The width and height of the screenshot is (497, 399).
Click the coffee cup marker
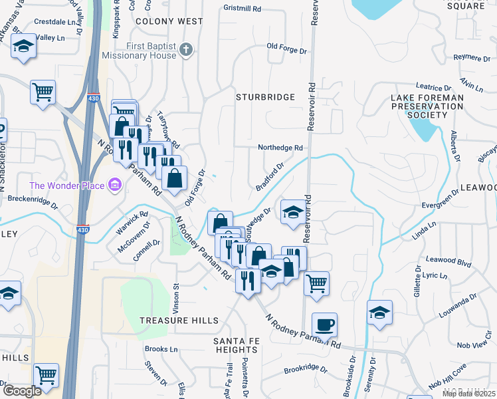tap(324, 325)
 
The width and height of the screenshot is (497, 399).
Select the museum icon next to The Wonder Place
tap(115, 184)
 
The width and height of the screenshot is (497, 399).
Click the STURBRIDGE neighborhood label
tap(266, 97)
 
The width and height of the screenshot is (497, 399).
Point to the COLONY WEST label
tap(169, 21)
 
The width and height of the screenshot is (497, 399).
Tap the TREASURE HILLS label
tap(179, 321)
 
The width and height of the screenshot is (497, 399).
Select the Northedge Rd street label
tap(280, 148)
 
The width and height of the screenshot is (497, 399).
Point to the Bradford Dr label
tap(270, 176)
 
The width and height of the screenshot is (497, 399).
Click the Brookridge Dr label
tap(306, 368)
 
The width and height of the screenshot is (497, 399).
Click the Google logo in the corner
tap(22, 391)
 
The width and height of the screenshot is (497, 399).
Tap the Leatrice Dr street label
tap(433, 87)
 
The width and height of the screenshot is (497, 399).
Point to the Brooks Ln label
tap(161, 349)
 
